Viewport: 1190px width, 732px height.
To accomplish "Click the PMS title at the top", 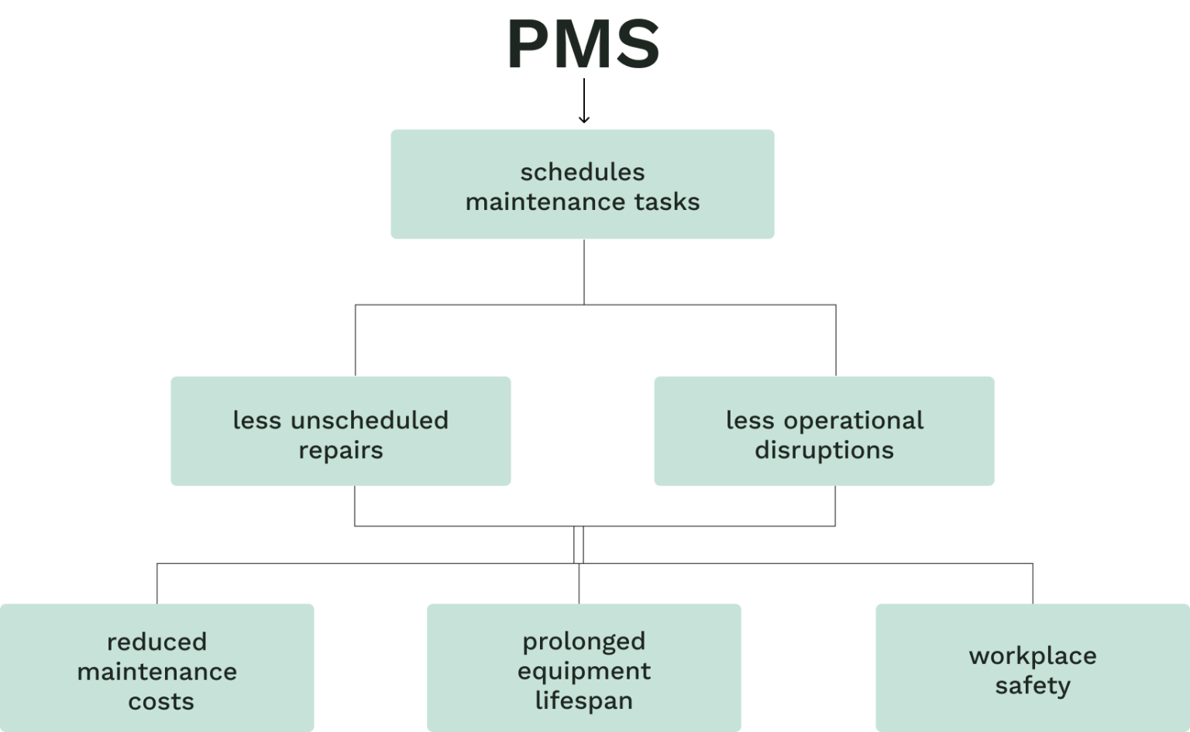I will click(584, 45).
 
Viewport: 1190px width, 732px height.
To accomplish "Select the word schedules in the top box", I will click(583, 172).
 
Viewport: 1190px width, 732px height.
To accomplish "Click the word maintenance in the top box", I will click(546, 202).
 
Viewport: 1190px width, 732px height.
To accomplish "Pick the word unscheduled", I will click(370, 421).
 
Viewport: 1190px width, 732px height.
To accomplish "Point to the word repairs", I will click(341, 451).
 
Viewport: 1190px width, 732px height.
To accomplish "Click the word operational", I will click(854, 421).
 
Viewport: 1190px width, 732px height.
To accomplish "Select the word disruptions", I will click(824, 451).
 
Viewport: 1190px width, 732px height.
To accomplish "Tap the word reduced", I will click(157, 642).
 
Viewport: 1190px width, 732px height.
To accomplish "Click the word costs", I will click(161, 702).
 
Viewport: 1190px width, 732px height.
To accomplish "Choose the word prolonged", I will click(584, 641).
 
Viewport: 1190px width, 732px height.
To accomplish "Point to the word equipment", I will click(584, 672).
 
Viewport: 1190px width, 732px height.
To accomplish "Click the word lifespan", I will click(584, 701).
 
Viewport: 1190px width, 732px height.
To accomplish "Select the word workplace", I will click(1033, 656).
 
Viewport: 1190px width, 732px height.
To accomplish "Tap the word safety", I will click(1033, 686).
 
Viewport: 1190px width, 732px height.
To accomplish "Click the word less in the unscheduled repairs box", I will click(257, 421).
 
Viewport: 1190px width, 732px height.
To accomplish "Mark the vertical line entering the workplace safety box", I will click(1033, 583).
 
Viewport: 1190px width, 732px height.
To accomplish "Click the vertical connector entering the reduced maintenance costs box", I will click(157, 583).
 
